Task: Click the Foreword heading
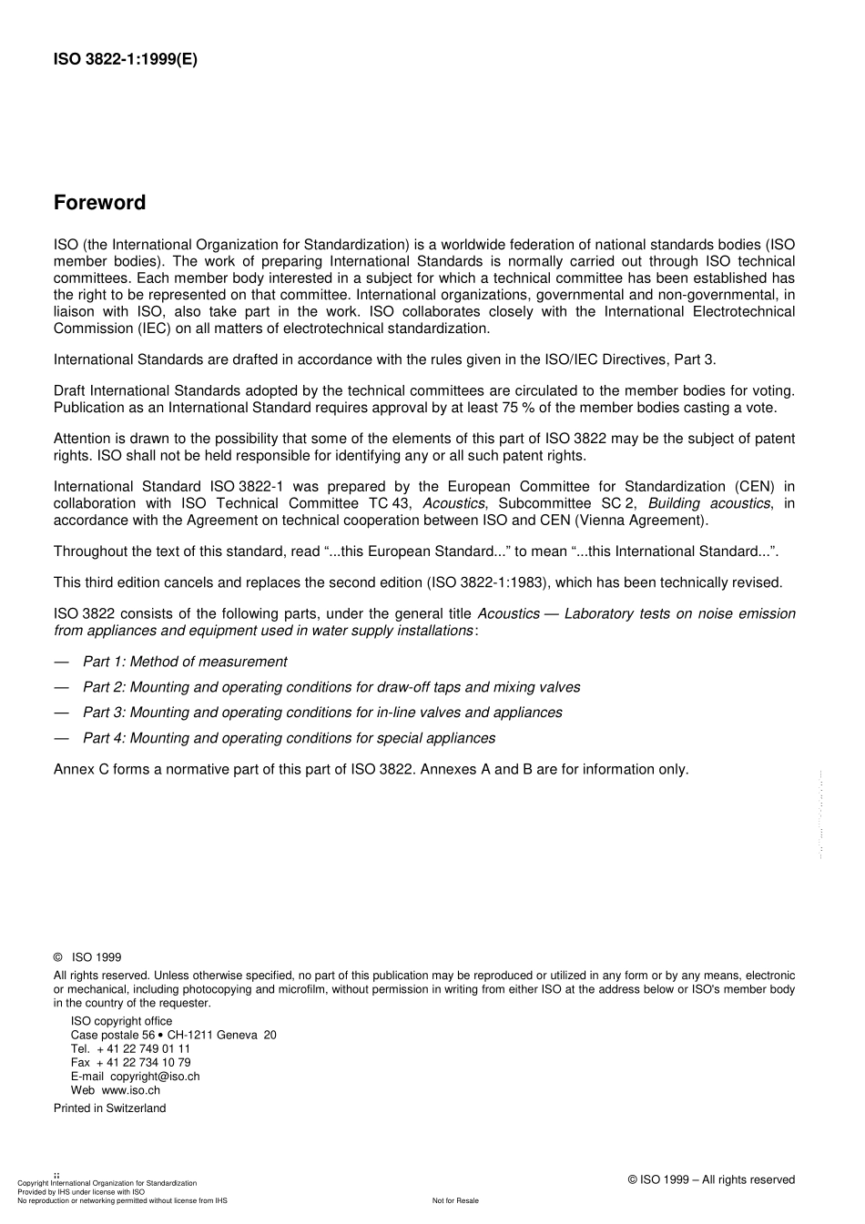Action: coord(99,203)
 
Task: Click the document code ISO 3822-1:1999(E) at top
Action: coord(125,60)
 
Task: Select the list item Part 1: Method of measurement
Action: coord(185,662)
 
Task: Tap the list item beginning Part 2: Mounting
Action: coord(331,687)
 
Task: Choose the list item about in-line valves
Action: coord(322,713)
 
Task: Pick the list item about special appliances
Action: coord(289,738)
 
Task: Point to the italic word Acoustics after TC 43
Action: coord(453,503)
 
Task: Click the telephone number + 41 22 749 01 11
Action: coord(143,1048)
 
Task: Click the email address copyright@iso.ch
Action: coord(155,1076)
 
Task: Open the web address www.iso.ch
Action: coord(130,1089)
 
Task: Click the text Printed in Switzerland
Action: coord(109,1108)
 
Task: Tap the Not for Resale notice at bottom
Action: coord(455,1200)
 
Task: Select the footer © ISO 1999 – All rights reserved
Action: coord(711,1179)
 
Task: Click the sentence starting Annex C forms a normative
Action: coord(371,769)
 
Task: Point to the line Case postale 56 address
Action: coord(173,1035)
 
